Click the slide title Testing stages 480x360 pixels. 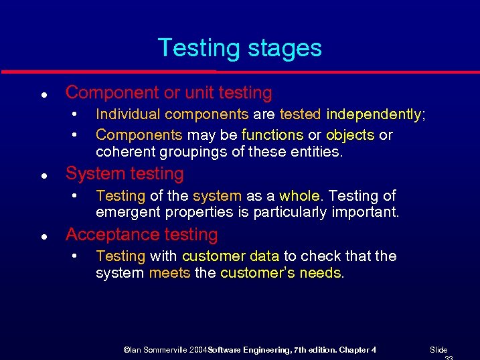click(240, 48)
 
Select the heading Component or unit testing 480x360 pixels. click(169, 93)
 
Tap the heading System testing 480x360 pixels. click(125, 174)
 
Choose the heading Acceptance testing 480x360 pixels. click(142, 235)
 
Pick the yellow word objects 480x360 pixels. click(350, 135)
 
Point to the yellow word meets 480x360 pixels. click(169, 273)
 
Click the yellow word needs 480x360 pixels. click(321, 273)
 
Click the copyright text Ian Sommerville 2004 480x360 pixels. click(165, 350)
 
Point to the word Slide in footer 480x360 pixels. click(438, 350)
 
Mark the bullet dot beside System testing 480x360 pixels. click(43, 175)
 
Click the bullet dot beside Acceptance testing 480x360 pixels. click(43, 236)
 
